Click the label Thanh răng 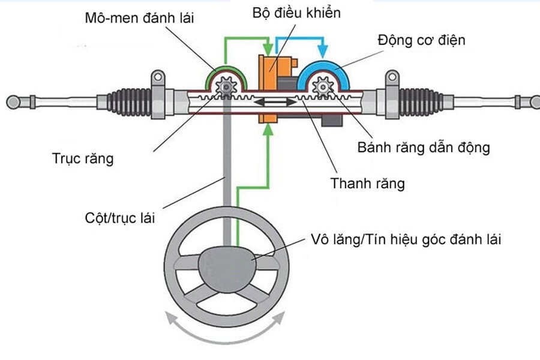coord(367,183)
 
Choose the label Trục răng coord(82,160)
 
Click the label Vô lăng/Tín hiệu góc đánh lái coord(406,239)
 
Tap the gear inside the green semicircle coord(226,89)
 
